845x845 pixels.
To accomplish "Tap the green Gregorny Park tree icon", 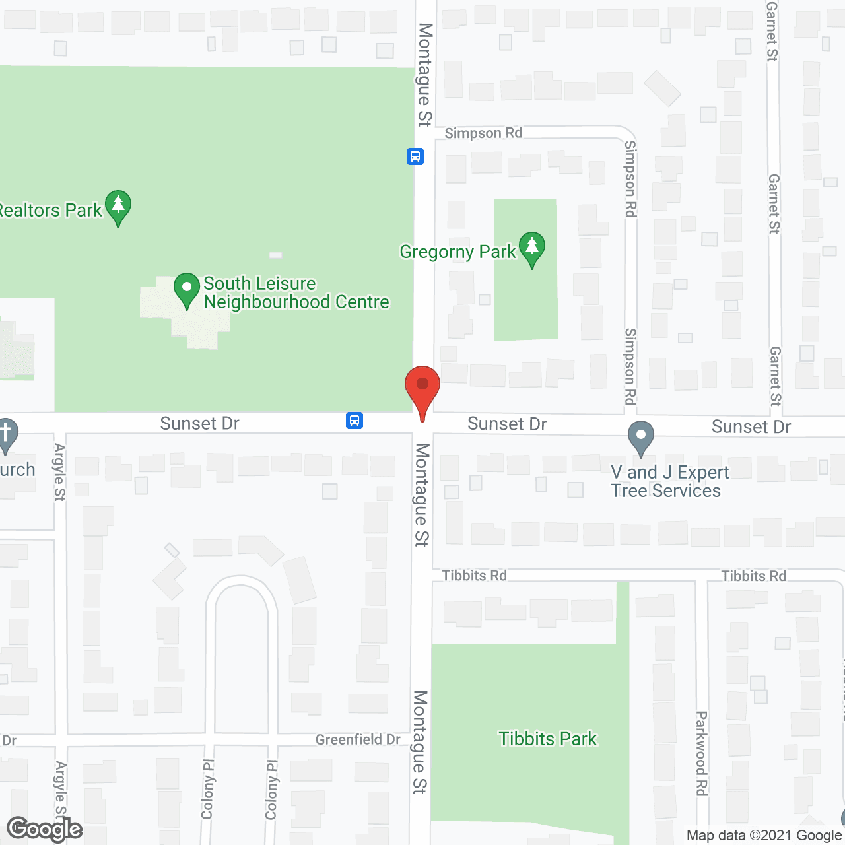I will click(531, 248).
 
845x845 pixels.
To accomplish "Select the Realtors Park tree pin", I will click(118, 207).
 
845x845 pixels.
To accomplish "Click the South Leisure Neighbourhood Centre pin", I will click(187, 289).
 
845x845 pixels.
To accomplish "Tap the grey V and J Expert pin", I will click(640, 437).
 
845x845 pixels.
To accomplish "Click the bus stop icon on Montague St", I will click(415, 156).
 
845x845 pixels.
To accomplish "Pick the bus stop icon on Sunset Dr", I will click(355, 420).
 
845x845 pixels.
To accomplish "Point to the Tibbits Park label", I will click(547, 739).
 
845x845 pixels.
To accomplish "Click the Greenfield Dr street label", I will click(358, 739).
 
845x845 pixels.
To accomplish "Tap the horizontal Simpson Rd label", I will click(483, 133).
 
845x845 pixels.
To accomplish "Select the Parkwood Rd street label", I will click(702, 753).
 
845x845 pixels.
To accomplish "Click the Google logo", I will click(45, 829).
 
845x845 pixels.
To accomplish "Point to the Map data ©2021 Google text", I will click(764, 835).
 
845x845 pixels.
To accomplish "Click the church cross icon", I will click(7, 436).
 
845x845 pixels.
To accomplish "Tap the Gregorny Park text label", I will click(457, 252).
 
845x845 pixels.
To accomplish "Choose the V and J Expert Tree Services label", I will click(669, 481).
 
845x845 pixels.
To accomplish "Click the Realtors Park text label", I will click(51, 211).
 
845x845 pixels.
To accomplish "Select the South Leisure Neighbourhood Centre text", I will click(296, 292).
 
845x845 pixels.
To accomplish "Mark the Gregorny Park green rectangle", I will click(526, 304).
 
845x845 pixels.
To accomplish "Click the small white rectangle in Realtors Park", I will click(276, 255).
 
